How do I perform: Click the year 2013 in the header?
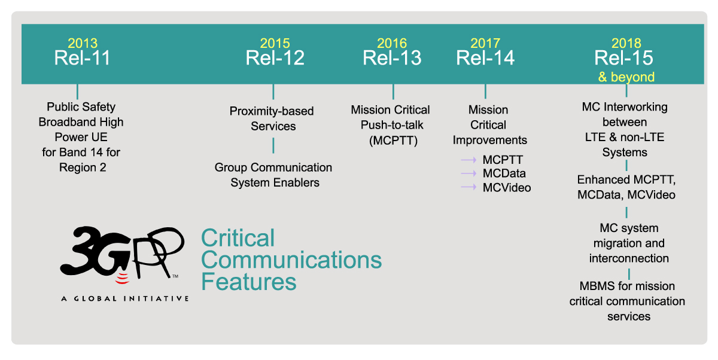83,43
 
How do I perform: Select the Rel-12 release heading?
275,58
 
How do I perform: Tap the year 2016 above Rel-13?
392,43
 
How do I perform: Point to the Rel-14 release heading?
485,58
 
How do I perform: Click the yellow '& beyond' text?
626,77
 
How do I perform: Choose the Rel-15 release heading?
623,58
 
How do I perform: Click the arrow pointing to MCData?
468,173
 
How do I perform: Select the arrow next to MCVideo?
468,187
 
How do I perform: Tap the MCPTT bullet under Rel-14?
503,160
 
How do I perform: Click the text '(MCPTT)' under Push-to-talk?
393,141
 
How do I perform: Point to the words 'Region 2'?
83,167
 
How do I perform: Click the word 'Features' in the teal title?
249,282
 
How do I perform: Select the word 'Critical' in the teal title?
238,238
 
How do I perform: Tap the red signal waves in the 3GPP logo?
122,279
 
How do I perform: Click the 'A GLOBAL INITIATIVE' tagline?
125,299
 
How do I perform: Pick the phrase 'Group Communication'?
273,167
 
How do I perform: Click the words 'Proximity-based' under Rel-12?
272,111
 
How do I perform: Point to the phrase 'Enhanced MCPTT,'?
626,179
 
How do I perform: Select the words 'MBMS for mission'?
627,286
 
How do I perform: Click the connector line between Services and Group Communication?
273,146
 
